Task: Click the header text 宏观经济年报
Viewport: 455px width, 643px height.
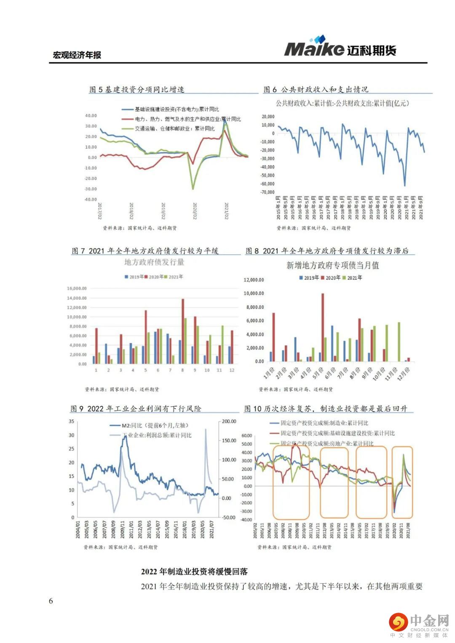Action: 77,55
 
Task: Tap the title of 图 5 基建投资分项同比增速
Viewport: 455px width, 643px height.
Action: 136,89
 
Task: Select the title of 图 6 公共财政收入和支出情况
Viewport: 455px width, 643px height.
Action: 316,89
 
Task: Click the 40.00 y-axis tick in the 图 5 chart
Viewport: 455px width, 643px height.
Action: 91,115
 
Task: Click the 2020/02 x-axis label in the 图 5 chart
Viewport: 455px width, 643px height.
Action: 195,211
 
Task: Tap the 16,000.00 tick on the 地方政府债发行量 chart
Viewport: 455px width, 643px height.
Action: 77,288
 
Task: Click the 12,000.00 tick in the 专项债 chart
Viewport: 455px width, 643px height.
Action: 254,280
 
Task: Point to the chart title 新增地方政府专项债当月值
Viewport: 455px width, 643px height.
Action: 332,265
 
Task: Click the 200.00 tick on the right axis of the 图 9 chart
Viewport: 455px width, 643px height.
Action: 229,421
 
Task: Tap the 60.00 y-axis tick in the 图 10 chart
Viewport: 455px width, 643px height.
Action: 247,435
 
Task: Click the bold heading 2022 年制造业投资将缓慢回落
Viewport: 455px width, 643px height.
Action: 194,571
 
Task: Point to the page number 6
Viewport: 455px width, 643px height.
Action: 51,601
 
